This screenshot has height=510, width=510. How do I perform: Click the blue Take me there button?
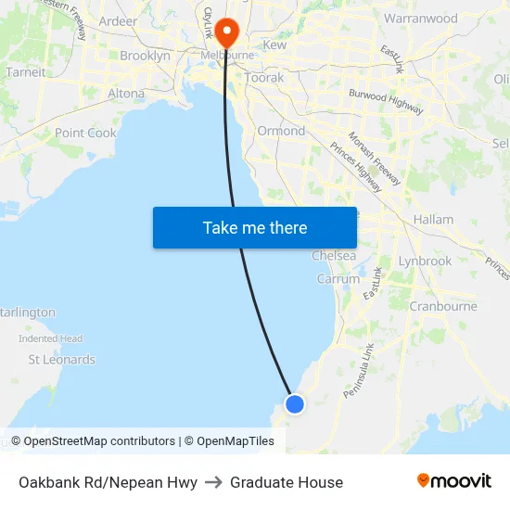click(255, 227)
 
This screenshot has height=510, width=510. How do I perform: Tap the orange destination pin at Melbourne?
click(227, 33)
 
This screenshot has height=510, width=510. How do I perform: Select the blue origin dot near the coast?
click(295, 403)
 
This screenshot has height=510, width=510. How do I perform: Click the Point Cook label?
click(85, 133)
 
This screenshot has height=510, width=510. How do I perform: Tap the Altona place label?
click(126, 94)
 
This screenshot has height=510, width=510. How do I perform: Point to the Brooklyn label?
click(145, 56)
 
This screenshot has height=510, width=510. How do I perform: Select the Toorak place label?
click(264, 78)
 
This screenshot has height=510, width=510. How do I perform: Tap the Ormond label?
click(280, 131)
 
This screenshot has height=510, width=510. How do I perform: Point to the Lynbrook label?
click(425, 261)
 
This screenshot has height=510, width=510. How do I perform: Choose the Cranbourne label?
click(442, 306)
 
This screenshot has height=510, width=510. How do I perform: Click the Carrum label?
click(338, 278)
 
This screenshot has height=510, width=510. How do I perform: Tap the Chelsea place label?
click(333, 255)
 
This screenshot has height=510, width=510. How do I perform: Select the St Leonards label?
click(61, 359)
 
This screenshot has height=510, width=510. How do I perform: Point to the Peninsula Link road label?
click(358, 371)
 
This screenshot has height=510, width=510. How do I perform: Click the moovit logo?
click(453, 480)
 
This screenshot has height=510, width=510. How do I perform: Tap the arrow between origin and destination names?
click(213, 482)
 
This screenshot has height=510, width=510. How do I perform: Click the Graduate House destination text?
click(287, 482)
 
